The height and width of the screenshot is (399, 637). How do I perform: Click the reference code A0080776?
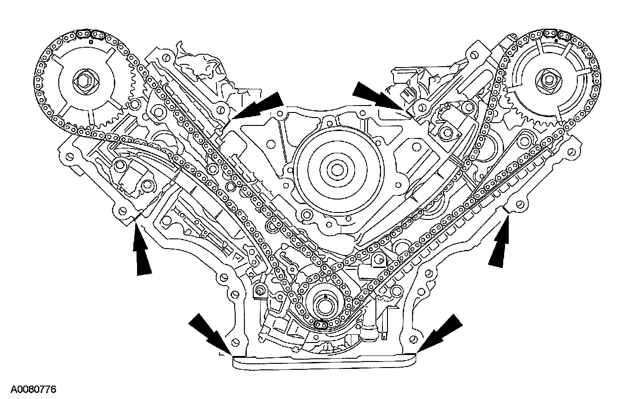click(x=33, y=390)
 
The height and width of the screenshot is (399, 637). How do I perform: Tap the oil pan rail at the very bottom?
click(x=324, y=362)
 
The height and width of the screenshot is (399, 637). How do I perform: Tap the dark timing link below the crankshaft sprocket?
click(x=319, y=327)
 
